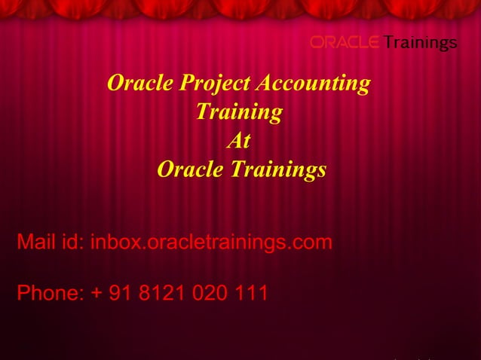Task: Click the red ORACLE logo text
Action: tap(345, 42)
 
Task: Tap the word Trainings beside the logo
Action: tap(420, 42)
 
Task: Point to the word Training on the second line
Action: tap(239, 112)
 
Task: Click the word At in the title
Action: tap(239, 141)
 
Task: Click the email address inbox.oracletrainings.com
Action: tap(211, 243)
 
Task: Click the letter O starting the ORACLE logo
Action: tap(317, 42)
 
